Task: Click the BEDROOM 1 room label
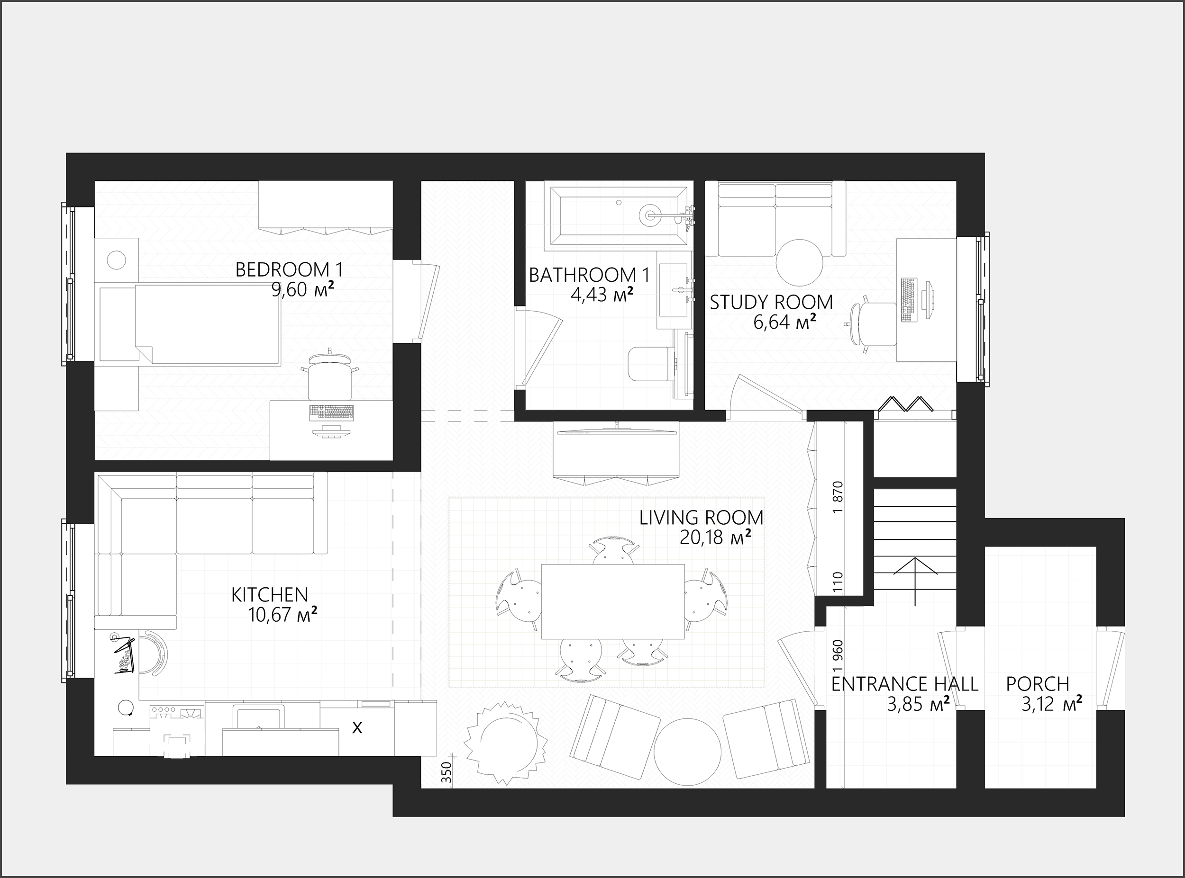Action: tap(289, 269)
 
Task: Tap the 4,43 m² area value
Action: tap(602, 294)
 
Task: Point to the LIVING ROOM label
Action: tap(701, 517)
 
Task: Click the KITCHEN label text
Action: tap(270, 594)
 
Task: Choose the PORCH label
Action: tap(1038, 683)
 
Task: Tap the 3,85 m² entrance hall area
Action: tap(919, 704)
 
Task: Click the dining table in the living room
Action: tap(613, 601)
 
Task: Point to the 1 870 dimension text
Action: tap(839, 497)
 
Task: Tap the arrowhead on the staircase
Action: tap(915, 566)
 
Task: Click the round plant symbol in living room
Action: tap(506, 743)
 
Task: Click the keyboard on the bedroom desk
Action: tap(331, 412)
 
